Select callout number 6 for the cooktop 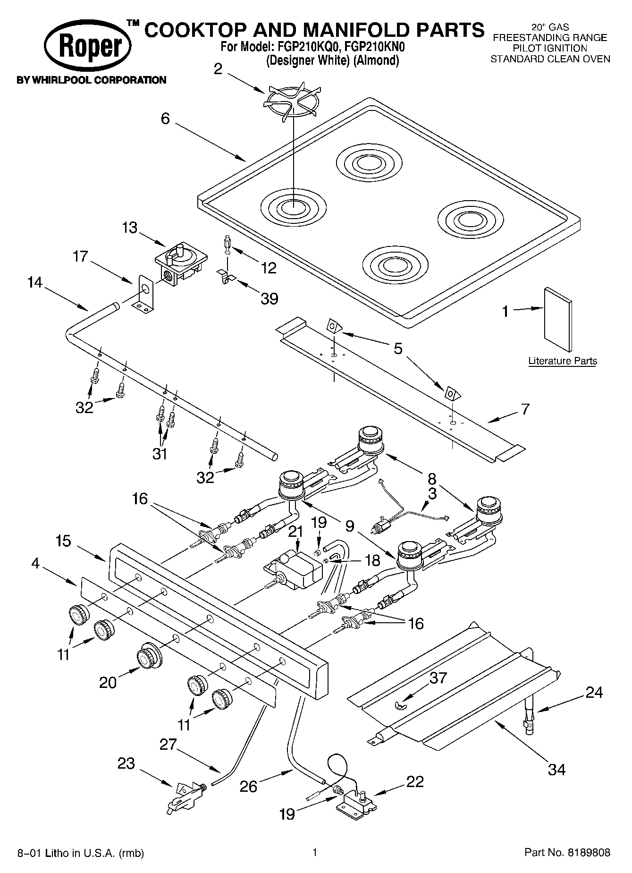165,118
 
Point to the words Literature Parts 562,361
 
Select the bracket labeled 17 143,296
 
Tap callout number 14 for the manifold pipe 34,282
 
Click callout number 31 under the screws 160,454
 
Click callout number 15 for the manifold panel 63,541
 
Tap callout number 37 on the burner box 438,678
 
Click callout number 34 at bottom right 557,769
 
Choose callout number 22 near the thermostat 414,781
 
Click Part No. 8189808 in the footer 567,852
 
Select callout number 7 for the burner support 525,408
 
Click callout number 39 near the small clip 269,298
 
